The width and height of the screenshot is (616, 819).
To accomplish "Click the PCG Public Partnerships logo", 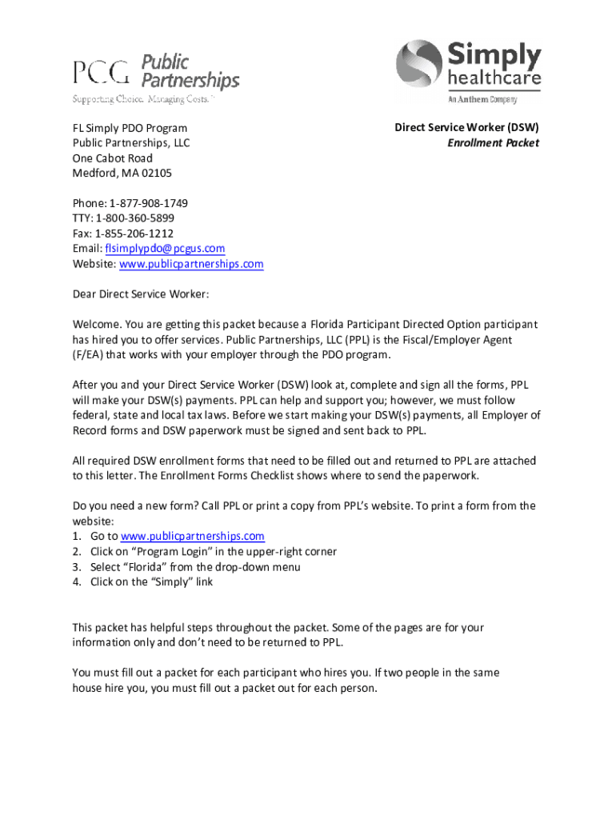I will click(x=156, y=72).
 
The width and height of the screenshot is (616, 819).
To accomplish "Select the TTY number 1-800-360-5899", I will click(x=134, y=218).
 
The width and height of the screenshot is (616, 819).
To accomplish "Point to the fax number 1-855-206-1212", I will click(x=134, y=234).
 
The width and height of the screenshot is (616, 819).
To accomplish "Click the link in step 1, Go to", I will click(x=192, y=537).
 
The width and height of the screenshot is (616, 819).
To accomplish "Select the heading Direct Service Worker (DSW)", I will click(x=466, y=128).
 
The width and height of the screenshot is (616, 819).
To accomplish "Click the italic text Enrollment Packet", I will click(x=493, y=143).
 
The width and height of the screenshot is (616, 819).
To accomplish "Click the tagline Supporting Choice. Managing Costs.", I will click(x=143, y=100).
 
